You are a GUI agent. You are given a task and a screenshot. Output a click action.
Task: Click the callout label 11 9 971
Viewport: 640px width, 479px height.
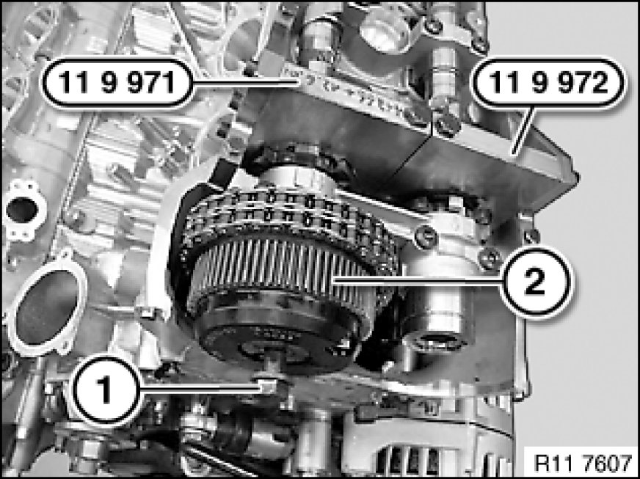[117, 83]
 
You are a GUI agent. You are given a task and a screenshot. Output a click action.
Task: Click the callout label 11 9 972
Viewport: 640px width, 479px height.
[548, 83]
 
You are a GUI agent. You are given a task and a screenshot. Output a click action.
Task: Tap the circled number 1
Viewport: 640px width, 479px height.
[105, 390]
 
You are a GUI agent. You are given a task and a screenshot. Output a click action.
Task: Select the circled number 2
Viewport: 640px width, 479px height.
[535, 281]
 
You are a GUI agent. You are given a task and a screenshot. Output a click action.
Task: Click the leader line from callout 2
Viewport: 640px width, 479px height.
[415, 280]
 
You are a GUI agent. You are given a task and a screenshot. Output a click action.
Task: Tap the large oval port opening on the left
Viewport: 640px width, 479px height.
[47, 307]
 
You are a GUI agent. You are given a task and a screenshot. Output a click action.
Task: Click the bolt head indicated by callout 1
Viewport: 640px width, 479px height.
[267, 385]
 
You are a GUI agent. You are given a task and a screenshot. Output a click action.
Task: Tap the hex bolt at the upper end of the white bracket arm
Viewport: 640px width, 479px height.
[424, 237]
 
